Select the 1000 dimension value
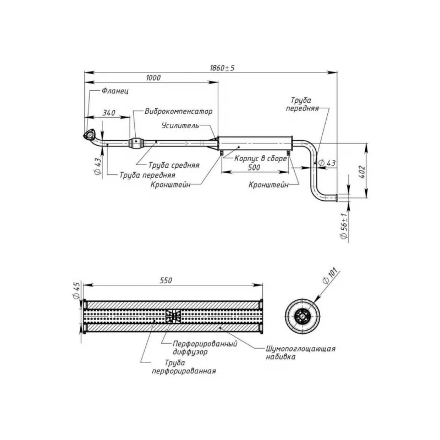coord(153,78)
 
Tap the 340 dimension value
coord(109,113)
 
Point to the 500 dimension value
coord(254,167)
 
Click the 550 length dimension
coord(166,280)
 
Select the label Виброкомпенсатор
coord(179,111)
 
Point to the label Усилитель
coord(180,125)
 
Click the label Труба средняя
coord(174,164)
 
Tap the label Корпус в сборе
coord(261,158)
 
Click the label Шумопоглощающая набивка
coord(300,353)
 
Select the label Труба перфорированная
coord(184,367)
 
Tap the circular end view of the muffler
coord(302,316)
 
